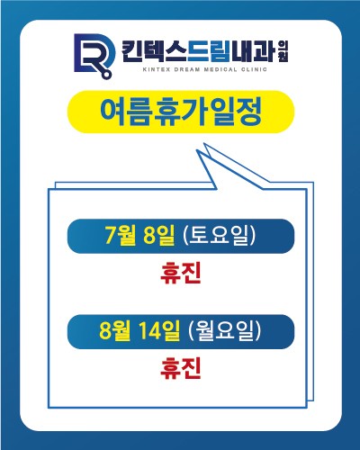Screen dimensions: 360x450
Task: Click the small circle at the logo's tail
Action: tap(106, 74)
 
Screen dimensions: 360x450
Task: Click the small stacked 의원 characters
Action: tap(283, 51)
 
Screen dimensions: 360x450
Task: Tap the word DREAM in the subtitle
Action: tap(187, 69)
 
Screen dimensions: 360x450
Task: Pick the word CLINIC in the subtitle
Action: tap(254, 69)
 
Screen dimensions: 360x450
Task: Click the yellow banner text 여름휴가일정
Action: tap(181, 112)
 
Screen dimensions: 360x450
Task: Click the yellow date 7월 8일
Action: tap(139, 235)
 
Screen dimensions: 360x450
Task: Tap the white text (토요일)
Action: tap(220, 235)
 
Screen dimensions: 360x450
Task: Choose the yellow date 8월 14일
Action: tap(139, 330)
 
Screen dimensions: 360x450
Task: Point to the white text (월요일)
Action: tap(225, 330)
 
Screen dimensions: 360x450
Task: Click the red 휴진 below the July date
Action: tap(181, 274)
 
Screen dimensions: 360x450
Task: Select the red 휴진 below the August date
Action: tap(181, 369)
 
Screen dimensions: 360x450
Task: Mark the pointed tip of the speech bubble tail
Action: tap(197, 150)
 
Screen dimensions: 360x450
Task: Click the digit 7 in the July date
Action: tap(111, 235)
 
